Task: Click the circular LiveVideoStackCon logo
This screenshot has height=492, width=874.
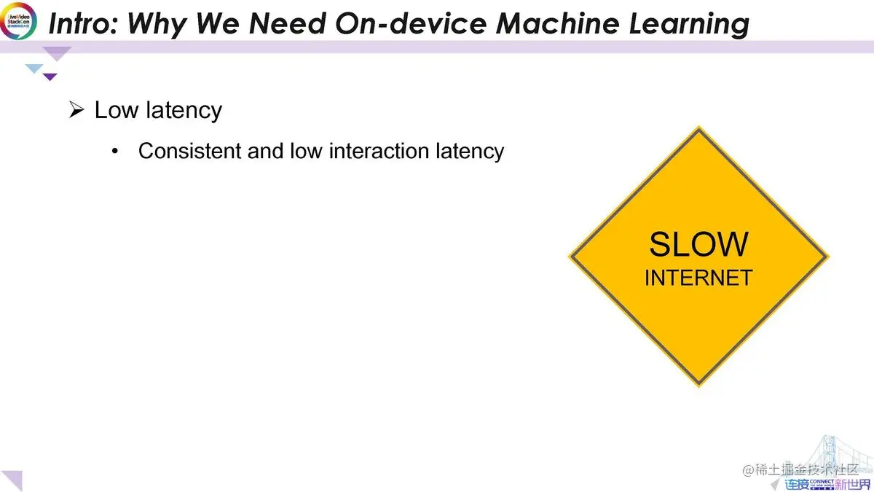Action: pyautogui.click(x=18, y=20)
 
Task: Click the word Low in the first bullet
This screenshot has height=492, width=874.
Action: pyautogui.click(x=117, y=111)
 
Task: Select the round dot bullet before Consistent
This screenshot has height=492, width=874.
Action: pyautogui.click(x=114, y=152)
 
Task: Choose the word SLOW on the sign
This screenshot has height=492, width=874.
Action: pyautogui.click(x=698, y=245)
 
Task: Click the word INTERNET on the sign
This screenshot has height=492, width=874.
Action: pyautogui.click(x=698, y=278)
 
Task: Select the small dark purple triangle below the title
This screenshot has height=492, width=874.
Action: pyautogui.click(x=50, y=77)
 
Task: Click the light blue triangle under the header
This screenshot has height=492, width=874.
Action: pyautogui.click(x=34, y=69)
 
